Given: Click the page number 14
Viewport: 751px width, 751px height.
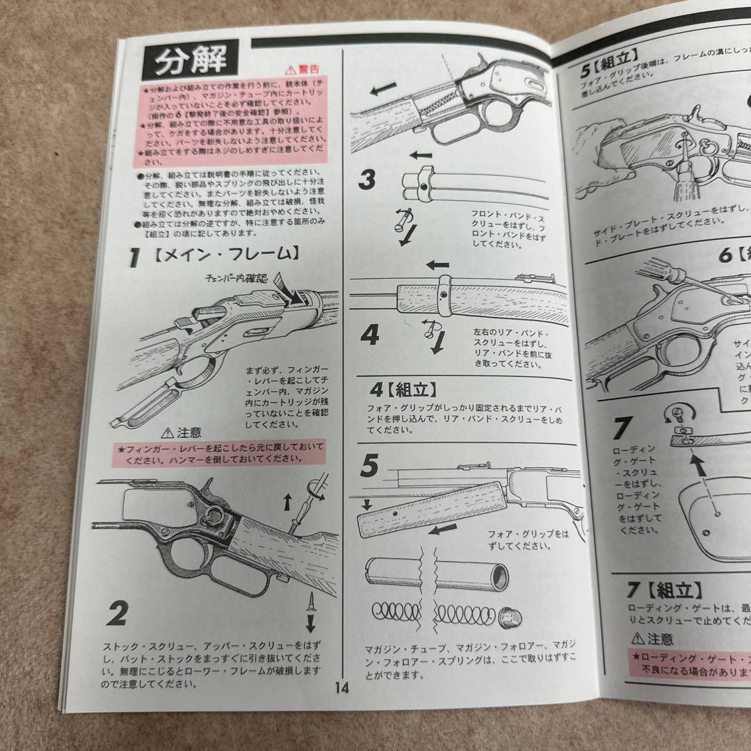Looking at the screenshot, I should click(x=341, y=688).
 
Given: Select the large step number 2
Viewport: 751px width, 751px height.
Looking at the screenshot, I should click(x=118, y=613).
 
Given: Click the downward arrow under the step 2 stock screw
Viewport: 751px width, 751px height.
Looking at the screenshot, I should click(x=310, y=620).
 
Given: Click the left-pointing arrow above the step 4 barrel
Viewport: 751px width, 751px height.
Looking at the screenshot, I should click(x=437, y=265).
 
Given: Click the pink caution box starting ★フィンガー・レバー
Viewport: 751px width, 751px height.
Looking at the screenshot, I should click(x=216, y=453).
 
